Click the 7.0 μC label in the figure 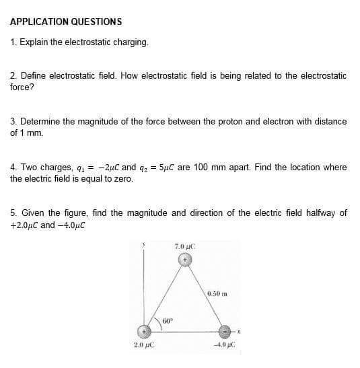pos(184,246)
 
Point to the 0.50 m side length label pos(219,293)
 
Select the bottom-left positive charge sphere pos(143,331)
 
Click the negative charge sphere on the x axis pos(225,332)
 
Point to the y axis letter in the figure pos(143,245)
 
